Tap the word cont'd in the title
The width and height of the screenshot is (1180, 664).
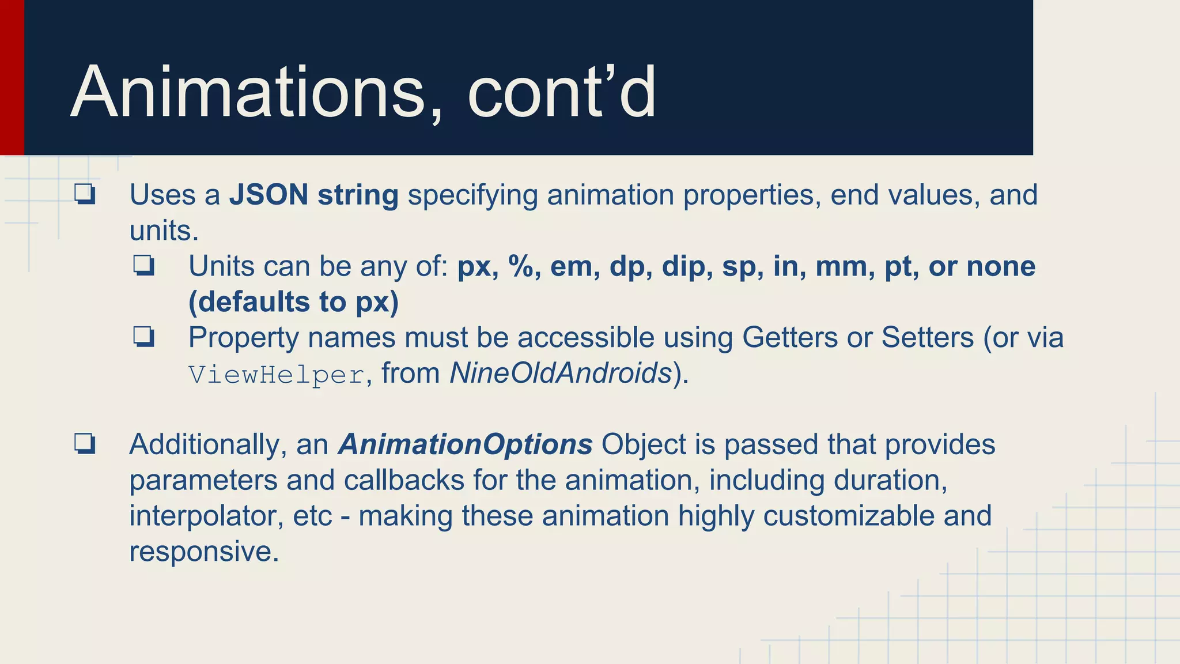[561, 92]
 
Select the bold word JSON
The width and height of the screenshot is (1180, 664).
[268, 195]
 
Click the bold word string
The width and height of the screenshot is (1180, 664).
[358, 195]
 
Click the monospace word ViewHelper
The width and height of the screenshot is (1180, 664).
[277, 375]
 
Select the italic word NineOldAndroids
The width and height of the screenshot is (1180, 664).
[561, 373]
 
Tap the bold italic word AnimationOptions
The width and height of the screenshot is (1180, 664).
[465, 444]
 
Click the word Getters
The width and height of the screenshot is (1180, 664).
[789, 338]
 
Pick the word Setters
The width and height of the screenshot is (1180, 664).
[927, 338]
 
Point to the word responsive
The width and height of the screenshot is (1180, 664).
[203, 552]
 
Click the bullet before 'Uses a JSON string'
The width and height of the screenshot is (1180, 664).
[84, 194]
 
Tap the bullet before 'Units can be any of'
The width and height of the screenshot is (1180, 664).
[143, 266]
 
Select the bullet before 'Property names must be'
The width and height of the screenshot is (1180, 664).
[143, 337]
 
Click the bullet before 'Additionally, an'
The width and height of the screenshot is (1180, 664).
[84, 444]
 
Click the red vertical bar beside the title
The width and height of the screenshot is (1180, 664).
[12, 77]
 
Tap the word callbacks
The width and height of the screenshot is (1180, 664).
[404, 480]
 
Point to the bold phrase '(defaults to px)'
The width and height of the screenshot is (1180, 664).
[293, 302]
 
